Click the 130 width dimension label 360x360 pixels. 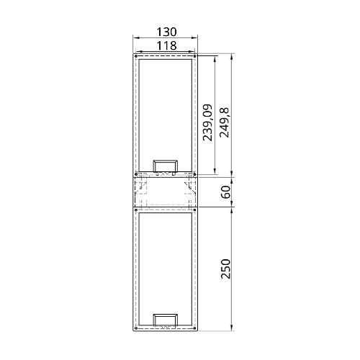166,33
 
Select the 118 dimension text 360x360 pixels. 166,45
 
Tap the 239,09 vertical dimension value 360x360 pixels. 207,123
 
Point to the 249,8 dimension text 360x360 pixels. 224,123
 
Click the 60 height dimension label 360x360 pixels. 225,192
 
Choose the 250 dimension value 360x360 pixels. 225,269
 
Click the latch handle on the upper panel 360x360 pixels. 166,166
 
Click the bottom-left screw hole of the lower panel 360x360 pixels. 136,328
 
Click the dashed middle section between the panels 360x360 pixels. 166,192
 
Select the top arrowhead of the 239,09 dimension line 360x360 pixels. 215,57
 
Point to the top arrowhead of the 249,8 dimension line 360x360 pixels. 232,55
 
